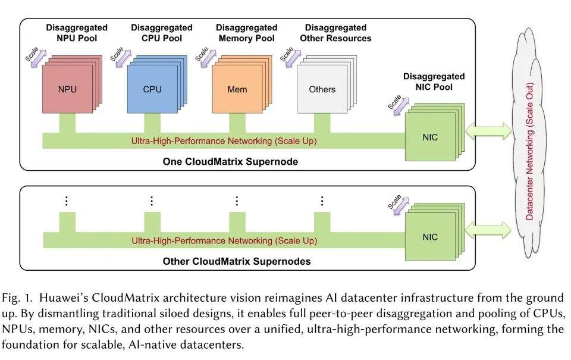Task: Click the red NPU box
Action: click(x=67, y=89)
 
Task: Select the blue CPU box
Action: click(x=152, y=89)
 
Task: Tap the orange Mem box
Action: click(x=237, y=89)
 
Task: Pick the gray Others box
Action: click(x=322, y=89)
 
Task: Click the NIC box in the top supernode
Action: click(x=429, y=137)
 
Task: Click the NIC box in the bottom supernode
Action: click(x=429, y=237)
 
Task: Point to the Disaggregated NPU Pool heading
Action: click(x=77, y=33)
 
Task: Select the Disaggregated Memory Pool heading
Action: click(x=246, y=33)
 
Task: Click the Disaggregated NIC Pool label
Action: click(x=434, y=82)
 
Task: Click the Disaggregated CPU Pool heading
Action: click(x=162, y=33)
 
